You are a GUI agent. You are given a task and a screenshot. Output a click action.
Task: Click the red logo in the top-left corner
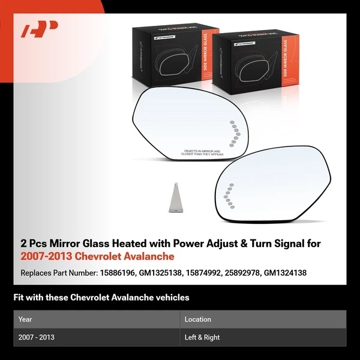pos(39,29)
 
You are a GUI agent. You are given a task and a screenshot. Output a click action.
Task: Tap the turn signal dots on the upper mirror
pos(235,132)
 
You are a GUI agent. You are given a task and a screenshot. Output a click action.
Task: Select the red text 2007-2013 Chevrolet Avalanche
pos(97,256)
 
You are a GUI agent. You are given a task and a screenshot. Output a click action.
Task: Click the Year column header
pos(25,319)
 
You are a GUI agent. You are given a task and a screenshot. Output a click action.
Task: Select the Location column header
pos(197,319)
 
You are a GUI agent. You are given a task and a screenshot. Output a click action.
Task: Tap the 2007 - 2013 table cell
pos(37,337)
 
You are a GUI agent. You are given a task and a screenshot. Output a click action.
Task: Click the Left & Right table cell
pos(202,337)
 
